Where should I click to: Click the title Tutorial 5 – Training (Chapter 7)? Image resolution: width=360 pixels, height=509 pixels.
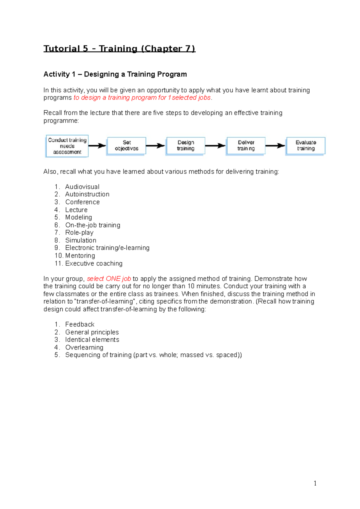coord(119,49)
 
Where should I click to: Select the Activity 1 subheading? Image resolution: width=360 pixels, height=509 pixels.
coord(115,74)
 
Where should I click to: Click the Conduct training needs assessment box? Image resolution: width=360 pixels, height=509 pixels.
coord(67,146)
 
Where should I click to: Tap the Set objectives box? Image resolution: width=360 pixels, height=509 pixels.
coord(127,146)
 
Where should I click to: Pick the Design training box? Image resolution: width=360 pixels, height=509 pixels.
coord(186,146)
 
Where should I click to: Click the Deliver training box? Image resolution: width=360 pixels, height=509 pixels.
coord(246,146)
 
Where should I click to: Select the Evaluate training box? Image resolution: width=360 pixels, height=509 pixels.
coord(306,146)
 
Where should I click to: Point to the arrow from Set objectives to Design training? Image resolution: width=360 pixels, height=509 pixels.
coord(156,146)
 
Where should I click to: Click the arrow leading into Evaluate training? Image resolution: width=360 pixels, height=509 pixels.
coord(275,146)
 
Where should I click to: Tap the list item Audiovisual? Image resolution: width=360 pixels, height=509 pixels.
coord(82,187)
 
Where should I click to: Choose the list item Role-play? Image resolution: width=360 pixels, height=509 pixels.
coord(79,233)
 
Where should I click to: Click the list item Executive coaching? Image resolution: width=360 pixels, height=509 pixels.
coord(94,263)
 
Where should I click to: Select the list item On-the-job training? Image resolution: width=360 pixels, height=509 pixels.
coord(93,225)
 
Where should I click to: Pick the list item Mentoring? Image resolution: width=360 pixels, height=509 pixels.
coord(80,256)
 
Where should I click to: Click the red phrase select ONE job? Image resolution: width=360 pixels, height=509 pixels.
coord(109,279)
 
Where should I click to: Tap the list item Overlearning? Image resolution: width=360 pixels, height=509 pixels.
coord(84,347)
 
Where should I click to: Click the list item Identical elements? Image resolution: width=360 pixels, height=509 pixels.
coord(92,340)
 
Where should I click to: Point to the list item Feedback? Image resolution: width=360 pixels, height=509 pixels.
coord(80,324)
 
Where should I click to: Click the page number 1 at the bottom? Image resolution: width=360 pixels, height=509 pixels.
coord(315,483)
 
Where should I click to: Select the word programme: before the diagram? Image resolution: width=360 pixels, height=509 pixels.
coord(61,121)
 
